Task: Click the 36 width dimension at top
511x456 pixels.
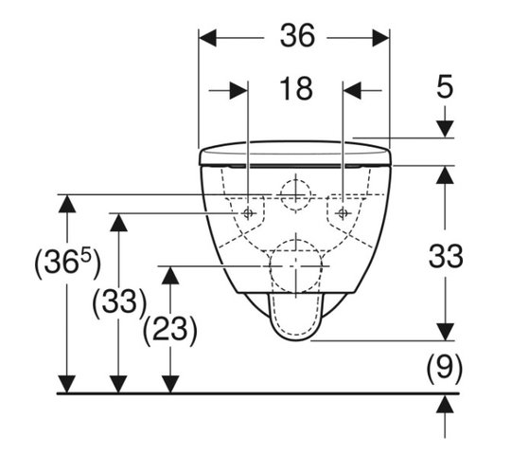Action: coord(297,35)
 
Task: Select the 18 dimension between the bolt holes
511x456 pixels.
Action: coord(296,89)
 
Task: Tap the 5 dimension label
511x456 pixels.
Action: coord(445,86)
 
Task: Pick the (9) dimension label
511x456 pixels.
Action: coord(445,368)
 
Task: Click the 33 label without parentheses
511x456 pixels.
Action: coord(445,257)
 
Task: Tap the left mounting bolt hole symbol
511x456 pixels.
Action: coord(248,213)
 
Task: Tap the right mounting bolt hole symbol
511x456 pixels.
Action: coord(343,213)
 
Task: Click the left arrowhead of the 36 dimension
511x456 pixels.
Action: coord(207,38)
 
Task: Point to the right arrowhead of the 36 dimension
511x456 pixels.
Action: coord(381,38)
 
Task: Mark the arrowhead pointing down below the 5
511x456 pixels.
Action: coord(445,129)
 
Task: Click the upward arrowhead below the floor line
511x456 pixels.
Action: coord(445,403)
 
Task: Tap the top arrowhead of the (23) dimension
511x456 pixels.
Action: coord(170,276)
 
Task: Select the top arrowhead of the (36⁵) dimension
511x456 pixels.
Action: coord(67,204)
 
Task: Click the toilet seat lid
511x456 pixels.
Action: coord(295,154)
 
